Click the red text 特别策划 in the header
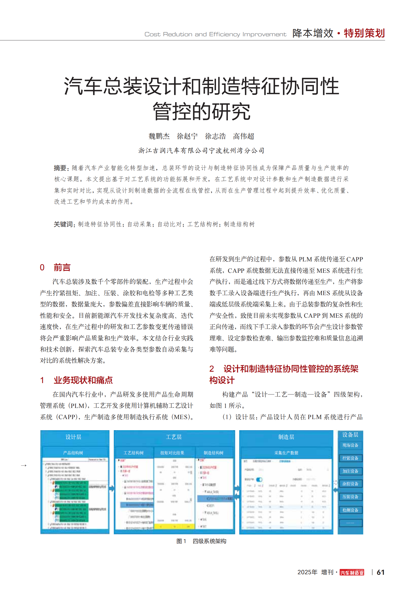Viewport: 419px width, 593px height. click(364, 33)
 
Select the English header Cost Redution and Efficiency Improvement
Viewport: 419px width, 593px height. click(215, 34)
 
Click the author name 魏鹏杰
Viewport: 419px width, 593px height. click(159, 136)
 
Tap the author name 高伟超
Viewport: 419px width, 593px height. click(243, 136)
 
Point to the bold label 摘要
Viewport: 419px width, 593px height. click(60, 168)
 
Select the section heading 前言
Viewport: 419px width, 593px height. click(62, 267)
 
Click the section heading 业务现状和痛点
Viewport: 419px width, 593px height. click(83, 380)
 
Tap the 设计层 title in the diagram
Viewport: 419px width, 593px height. click(73, 437)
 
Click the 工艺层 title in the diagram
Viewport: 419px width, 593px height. click(174, 437)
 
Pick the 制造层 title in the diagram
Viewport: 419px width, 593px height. click(286, 437)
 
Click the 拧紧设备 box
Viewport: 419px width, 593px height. click(350, 458)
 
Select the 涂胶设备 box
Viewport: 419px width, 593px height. click(350, 484)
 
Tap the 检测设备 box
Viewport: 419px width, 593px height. click(350, 510)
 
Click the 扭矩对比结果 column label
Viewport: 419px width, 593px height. click(172, 453)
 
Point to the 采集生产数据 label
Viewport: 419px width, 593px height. click(286, 453)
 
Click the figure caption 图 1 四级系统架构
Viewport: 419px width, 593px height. click(201, 541)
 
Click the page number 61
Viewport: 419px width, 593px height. click(380, 572)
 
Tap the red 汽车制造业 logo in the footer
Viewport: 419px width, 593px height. click(352, 573)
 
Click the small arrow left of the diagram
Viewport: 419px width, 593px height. click(24, 465)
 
